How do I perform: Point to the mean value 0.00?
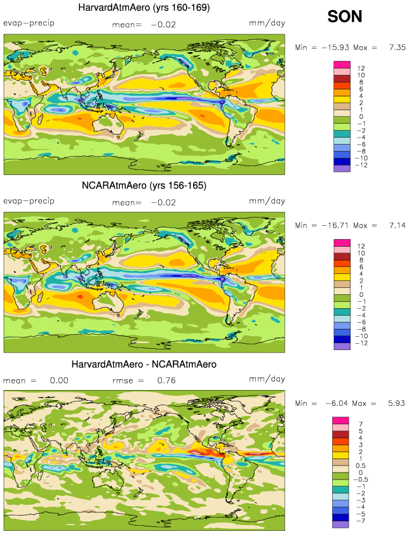coord(58,381)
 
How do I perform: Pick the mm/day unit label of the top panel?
coord(267,23)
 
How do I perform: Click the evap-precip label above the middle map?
coord(29,200)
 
